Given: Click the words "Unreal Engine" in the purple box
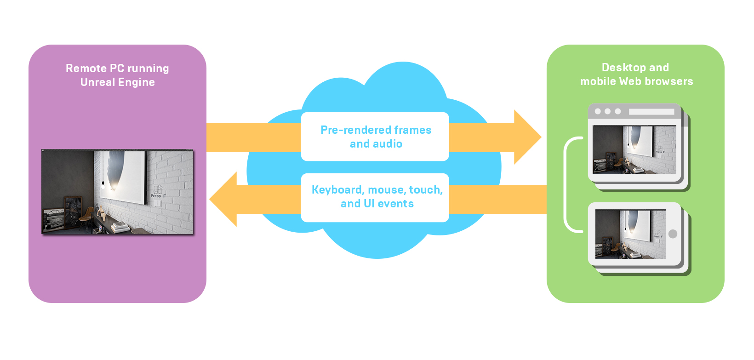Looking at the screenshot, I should pos(117,82).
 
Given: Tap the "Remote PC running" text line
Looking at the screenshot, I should pos(117,69).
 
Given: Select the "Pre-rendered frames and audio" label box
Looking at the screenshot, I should pos(375,137).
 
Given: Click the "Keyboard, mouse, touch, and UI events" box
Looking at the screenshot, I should pos(375,197).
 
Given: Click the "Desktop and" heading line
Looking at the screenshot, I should pos(635,68).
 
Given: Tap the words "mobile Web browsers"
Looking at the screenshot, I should pos(636,81).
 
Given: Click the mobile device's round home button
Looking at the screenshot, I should pos(673,234).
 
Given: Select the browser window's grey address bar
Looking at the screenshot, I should pos(651,112).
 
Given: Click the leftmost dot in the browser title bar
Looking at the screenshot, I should pos(598,111).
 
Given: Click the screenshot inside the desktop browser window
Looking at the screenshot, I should pos(634,149).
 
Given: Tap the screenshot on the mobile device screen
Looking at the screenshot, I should pos(630,234).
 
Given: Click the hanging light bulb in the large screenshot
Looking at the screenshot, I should pos(103,185).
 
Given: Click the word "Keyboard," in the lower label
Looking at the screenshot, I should pos(337,190).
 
